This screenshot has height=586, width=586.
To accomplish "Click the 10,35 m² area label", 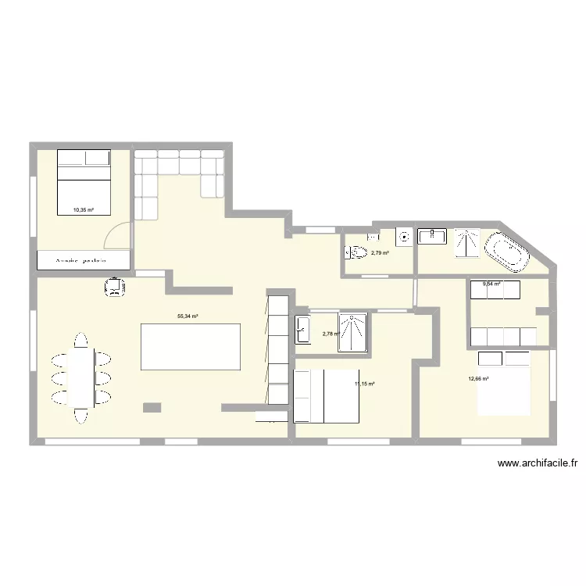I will click(x=83, y=209).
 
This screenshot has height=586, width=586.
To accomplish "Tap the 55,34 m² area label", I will click(x=188, y=316).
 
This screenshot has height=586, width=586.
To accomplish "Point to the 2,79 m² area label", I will click(x=380, y=253).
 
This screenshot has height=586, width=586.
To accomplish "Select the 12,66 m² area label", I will click(x=478, y=380).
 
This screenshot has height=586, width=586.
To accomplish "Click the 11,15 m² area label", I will click(x=365, y=384).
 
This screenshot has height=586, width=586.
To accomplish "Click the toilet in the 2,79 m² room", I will click(x=356, y=252).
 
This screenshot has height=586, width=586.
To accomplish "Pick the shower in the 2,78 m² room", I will click(x=352, y=331).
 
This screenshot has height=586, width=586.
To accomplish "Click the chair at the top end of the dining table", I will click(x=80, y=341).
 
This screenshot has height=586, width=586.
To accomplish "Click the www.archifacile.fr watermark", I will click(x=537, y=463).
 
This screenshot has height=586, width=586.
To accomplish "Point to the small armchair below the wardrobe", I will click(x=115, y=288).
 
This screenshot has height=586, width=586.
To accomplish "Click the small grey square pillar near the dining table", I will click(x=152, y=407).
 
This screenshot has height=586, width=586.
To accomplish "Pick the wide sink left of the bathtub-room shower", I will click(x=432, y=236).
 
